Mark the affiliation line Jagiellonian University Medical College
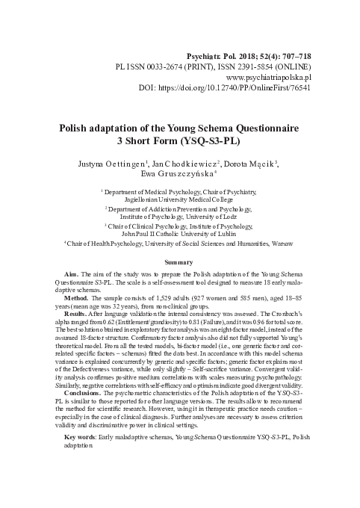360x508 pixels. click(x=179, y=199)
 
